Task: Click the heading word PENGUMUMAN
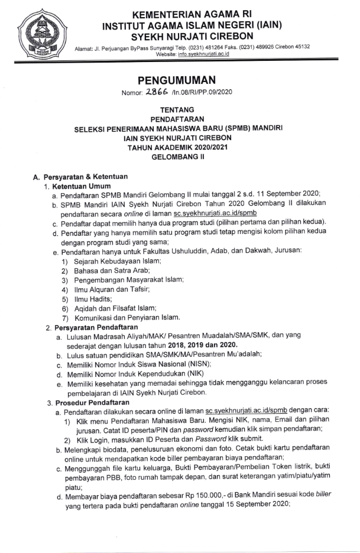click(x=176, y=80)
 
